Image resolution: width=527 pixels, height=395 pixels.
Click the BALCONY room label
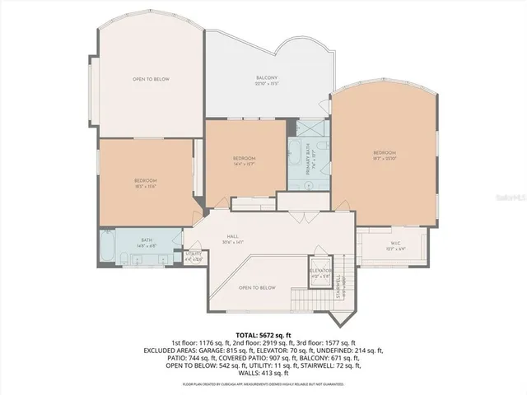coord(267,78)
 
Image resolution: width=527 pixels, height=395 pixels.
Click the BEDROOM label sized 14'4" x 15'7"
coord(244,157)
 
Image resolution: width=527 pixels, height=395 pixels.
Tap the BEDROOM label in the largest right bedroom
coord(385,152)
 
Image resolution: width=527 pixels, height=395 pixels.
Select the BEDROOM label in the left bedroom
coord(146,180)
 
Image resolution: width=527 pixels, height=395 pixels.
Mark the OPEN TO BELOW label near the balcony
coord(151,79)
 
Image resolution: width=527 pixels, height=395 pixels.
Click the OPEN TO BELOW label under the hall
coord(257,287)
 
